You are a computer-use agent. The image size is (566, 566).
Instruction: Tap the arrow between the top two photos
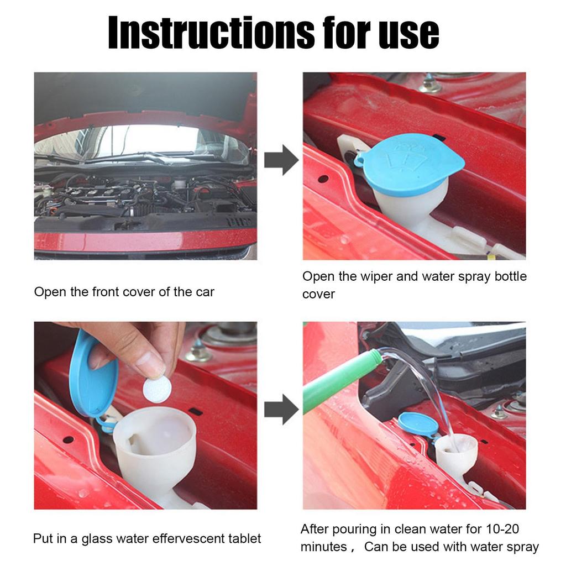pos(280,160)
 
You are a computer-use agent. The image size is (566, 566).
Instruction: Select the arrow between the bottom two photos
pos(280,410)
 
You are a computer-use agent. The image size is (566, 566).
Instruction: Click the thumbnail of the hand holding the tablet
pos(145,415)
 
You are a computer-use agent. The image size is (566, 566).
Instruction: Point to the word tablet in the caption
pos(244,538)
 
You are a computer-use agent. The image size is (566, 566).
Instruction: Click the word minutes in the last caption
pos(323,547)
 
